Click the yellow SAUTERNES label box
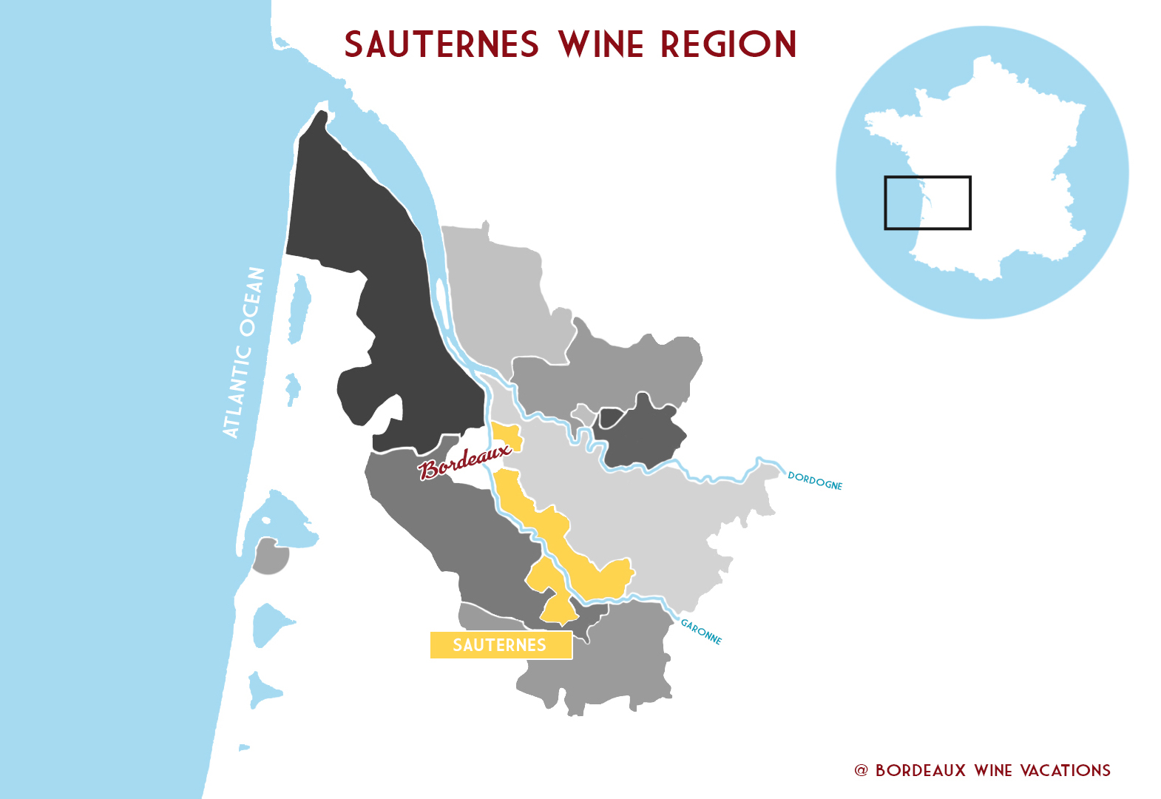[501, 645]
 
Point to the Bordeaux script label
[464, 462]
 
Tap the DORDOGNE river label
[815, 481]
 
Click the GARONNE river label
[700, 632]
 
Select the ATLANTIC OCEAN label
[243, 352]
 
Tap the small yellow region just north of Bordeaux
[507, 436]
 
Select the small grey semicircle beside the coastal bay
[269, 557]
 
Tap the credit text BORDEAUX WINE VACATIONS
[992, 770]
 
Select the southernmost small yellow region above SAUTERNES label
[559, 611]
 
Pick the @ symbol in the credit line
[861, 770]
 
